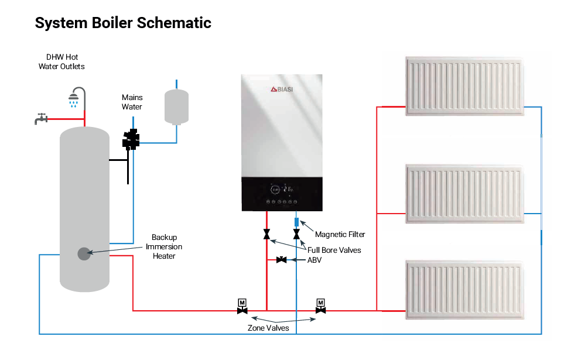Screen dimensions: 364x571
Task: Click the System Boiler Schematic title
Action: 123,23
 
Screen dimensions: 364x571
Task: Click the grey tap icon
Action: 40,118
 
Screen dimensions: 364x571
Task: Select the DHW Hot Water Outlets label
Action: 61,62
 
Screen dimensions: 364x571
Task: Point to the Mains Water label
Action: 132,102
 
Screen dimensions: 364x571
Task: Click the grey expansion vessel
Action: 176,107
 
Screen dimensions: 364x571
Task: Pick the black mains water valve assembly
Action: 131,140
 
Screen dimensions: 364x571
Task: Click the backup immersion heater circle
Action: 84,253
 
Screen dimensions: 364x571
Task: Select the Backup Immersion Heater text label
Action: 164,246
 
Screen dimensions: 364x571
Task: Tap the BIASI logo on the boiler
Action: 282,89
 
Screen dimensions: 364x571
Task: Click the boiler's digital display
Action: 282,189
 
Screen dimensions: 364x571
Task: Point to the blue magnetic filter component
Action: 296,222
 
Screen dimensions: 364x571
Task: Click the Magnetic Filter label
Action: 340,235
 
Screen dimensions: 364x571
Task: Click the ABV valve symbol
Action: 281,260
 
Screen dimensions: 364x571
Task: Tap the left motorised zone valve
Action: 242,307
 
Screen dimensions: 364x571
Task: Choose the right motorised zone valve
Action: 320,307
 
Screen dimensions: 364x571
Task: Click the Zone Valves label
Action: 268,328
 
